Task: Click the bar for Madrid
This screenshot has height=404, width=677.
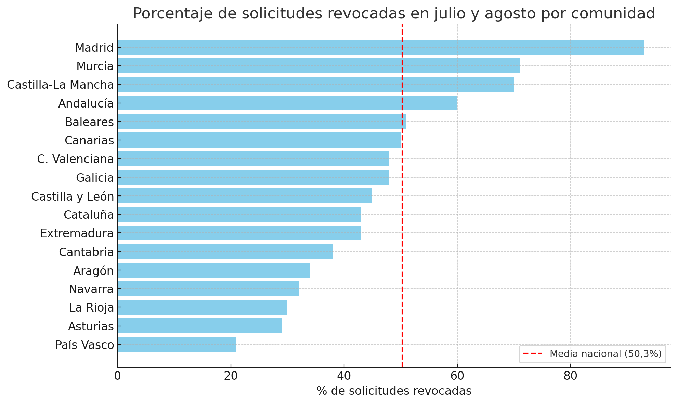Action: tap(380, 47)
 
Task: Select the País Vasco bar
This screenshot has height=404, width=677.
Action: tap(177, 344)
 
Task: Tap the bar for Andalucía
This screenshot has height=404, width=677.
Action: tap(287, 103)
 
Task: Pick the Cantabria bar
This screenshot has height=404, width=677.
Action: tap(225, 252)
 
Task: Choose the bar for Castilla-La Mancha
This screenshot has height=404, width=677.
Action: tap(315, 85)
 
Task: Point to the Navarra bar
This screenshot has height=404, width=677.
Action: tap(208, 289)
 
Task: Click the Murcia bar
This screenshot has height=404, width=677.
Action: tap(318, 66)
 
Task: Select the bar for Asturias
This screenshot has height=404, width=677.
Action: tap(200, 326)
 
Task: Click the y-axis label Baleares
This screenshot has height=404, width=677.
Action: tap(89, 122)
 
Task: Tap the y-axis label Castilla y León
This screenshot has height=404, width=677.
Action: tap(73, 197)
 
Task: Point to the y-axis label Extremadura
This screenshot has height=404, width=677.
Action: tap(77, 233)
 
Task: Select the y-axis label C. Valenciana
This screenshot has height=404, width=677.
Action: tap(75, 159)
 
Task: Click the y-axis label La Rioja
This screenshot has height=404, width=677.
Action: tap(91, 308)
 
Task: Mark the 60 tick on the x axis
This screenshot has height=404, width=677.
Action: tap(457, 376)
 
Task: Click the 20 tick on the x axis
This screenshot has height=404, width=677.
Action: tap(231, 376)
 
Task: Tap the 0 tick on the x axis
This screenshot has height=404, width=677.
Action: tap(118, 376)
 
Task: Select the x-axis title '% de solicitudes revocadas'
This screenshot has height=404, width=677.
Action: tap(394, 391)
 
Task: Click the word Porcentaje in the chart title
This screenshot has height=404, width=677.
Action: tap(174, 14)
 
